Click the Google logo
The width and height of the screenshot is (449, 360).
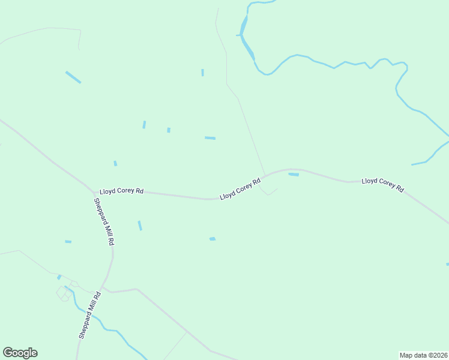coord(20,353)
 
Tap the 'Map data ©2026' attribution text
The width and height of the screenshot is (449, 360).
coord(424,355)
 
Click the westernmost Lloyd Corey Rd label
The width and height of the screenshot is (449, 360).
coord(122,191)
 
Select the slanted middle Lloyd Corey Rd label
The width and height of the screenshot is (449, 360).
coord(240,188)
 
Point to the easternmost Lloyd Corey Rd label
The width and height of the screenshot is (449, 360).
coord(382,185)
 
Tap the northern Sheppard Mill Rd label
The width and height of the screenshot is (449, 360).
coord(104,221)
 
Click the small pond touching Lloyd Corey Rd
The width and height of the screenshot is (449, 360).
coord(294,175)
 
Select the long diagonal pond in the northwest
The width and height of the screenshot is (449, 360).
coord(73,77)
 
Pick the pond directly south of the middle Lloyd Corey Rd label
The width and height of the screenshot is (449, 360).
coord(212,239)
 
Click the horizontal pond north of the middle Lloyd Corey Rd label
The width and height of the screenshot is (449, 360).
coord(210,138)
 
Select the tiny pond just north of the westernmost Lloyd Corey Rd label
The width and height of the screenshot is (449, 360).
coord(115,163)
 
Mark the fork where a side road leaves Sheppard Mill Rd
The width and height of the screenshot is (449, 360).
coord(105,287)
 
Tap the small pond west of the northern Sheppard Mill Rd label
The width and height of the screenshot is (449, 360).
coord(68,242)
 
